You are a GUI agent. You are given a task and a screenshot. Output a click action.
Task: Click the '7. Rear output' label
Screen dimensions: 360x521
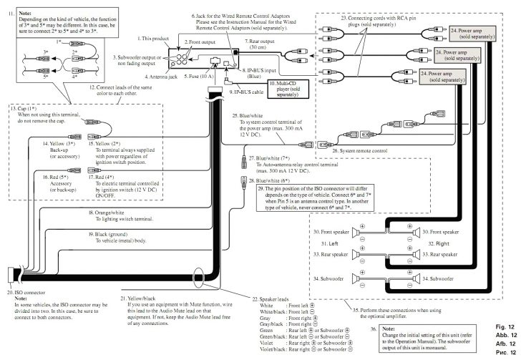click(261, 42)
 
